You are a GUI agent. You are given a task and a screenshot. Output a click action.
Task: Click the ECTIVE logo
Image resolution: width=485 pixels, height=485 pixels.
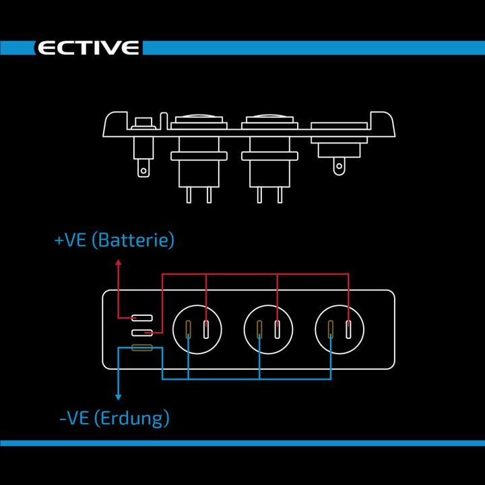pyautogui.click(x=88, y=48)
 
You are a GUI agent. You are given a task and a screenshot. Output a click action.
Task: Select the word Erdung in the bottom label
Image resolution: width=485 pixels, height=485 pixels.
pyautogui.click(x=132, y=418)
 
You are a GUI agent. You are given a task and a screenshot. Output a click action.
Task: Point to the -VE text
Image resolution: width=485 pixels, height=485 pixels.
pyautogui.click(x=73, y=418)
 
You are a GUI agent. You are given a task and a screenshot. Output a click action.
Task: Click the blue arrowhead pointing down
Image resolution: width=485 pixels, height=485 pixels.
pyautogui.click(x=119, y=397)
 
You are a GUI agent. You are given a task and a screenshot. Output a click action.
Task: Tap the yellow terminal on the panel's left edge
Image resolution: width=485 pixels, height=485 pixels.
pyautogui.click(x=141, y=348)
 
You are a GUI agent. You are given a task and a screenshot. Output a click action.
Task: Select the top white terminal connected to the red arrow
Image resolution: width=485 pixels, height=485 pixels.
pyautogui.click(x=141, y=317)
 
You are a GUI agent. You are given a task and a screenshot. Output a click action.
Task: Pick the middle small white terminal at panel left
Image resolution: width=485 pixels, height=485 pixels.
pyautogui.click(x=141, y=333)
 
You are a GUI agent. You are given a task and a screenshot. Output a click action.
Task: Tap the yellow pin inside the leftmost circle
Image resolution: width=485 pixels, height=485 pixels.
pyautogui.click(x=189, y=329)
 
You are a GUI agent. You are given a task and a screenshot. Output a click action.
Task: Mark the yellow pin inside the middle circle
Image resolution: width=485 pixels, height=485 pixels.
pyautogui.click(x=260, y=329)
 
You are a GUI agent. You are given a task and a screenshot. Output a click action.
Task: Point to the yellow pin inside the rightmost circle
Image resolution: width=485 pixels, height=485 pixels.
pyautogui.click(x=331, y=329)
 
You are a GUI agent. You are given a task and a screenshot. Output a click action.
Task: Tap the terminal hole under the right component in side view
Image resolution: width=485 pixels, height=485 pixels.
pyautogui.click(x=339, y=167)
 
